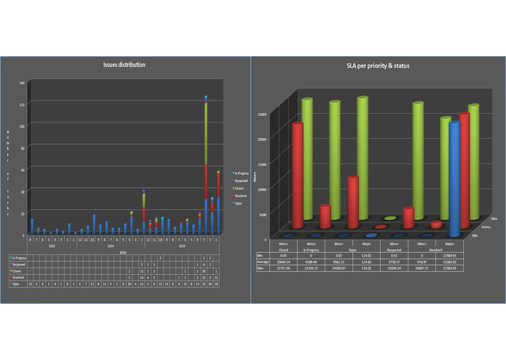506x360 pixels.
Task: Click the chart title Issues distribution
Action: click(124, 65)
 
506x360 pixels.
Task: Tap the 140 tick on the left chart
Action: click(22, 83)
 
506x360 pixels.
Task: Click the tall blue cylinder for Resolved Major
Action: click(454, 179)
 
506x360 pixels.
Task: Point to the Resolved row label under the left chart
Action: click(19, 277)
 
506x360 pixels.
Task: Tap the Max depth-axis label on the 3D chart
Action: click(494, 218)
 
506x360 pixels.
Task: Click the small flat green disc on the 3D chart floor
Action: click(390, 218)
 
